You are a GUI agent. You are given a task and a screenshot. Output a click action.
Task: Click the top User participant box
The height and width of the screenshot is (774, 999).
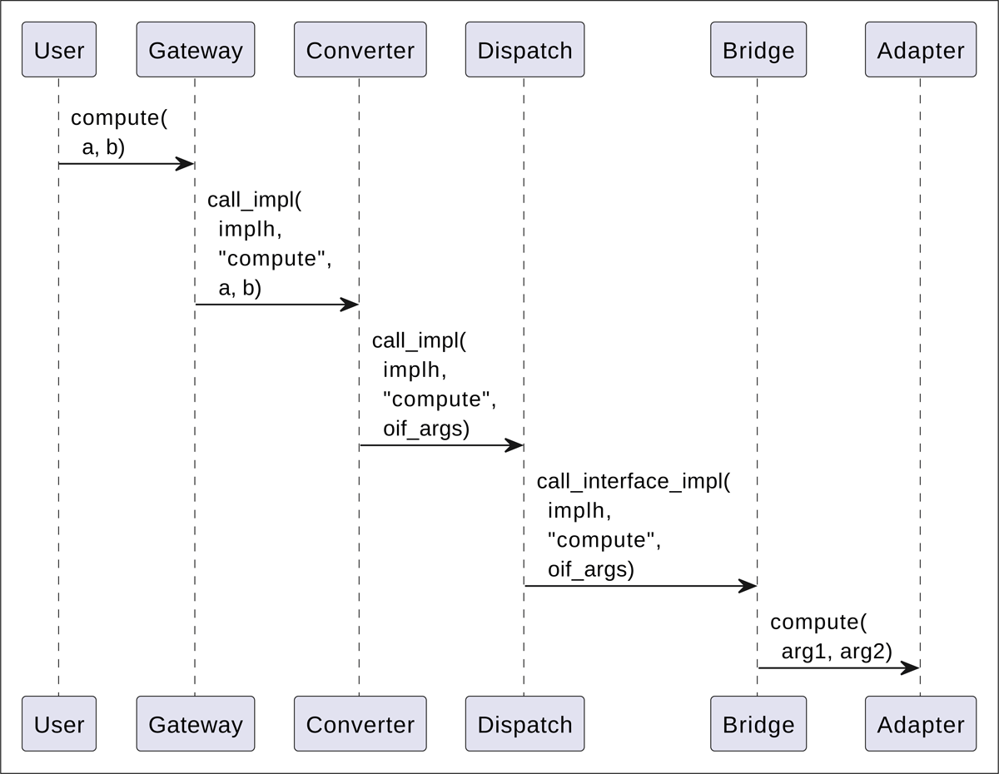pos(58,50)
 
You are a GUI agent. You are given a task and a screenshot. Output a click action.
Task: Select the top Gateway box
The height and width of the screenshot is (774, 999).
pos(195,50)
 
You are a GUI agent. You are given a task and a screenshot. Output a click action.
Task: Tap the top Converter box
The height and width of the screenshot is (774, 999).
pos(360,50)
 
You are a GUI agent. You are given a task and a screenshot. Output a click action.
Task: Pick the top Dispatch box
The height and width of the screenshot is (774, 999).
pos(524,50)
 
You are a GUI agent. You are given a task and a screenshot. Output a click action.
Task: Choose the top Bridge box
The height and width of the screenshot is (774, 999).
pos(758,50)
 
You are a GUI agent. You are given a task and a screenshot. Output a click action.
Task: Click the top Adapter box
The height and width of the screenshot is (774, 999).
pos(920,50)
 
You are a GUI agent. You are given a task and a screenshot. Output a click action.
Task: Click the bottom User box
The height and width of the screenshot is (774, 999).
pos(58,724)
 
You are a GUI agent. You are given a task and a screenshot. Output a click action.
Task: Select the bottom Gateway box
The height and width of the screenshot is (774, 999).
pos(195,724)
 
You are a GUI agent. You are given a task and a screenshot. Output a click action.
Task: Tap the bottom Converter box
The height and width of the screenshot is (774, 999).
pos(360,724)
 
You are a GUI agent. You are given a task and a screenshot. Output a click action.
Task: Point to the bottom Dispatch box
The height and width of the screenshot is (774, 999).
pos(524,724)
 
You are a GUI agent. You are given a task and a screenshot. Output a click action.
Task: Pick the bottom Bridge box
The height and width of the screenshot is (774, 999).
pos(758,724)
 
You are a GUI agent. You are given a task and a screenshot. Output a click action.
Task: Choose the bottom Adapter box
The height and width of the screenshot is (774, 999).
pos(920,724)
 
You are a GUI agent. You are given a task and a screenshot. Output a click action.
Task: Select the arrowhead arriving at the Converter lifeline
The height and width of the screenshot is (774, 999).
pos(350,305)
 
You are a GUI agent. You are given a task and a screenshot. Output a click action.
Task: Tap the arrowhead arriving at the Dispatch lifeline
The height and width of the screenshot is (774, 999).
pos(514,445)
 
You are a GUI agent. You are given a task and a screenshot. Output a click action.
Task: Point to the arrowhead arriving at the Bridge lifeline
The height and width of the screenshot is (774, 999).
pos(748,586)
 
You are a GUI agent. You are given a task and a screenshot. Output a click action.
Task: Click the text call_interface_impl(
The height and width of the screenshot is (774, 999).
pos(633,481)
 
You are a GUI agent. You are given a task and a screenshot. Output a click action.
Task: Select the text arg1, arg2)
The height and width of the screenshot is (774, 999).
pos(836,651)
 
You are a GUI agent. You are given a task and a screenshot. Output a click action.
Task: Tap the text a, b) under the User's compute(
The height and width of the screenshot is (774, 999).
pos(103,147)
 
